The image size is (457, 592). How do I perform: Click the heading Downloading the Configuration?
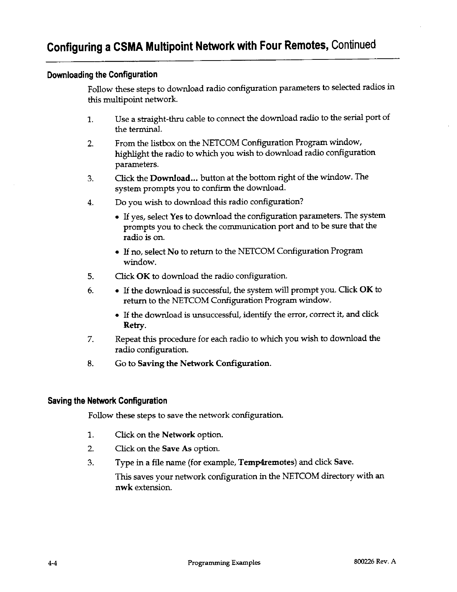102,74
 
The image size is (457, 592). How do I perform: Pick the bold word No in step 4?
172,252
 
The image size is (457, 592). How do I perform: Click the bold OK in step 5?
143,277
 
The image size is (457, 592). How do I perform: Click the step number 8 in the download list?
90,364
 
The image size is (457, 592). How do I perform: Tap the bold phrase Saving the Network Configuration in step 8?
204,364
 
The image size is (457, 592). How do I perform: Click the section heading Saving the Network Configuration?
107,401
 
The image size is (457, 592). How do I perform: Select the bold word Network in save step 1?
178,435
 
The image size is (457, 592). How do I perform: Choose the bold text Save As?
175,448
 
